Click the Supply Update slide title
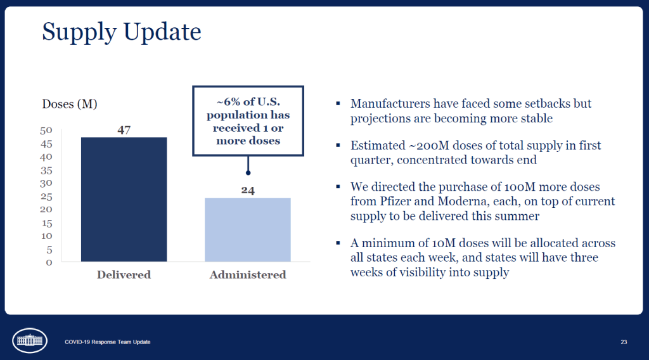pos(122,32)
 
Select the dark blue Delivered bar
pos(124,199)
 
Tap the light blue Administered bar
pos(248,229)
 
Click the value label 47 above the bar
pos(124,130)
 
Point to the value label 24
pos(248,190)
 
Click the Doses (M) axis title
pos(70,103)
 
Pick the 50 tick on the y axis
pos(46,131)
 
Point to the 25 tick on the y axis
pos(46,196)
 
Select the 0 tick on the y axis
pos(49,262)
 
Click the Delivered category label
pos(124,275)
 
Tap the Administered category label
pos(248,275)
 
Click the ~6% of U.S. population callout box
pos(248,121)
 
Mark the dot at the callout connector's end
pos(248,172)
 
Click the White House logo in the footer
pos(30,340)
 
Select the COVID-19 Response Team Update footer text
pos(108,342)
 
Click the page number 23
pos(624,342)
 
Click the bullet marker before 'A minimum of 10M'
pos(338,243)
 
